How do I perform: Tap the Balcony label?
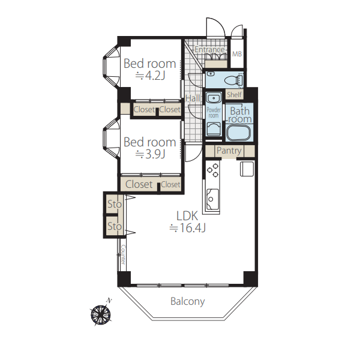(188, 301)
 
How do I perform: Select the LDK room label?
(187, 216)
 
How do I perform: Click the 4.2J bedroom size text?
(151, 76)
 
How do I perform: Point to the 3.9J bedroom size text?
(151, 154)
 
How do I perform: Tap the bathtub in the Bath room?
(239, 133)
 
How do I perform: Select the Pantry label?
(229, 151)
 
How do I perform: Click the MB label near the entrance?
(237, 54)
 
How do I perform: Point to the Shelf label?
(234, 94)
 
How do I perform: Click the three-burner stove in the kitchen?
(213, 170)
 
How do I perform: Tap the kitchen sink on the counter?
(212, 199)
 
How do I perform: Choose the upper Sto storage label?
(115, 204)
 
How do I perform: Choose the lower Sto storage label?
(115, 226)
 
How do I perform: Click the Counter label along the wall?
(123, 254)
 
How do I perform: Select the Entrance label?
(209, 49)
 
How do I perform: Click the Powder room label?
(214, 113)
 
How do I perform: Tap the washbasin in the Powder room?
(214, 98)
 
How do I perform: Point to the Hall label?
(193, 98)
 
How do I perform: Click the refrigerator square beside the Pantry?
(247, 169)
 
